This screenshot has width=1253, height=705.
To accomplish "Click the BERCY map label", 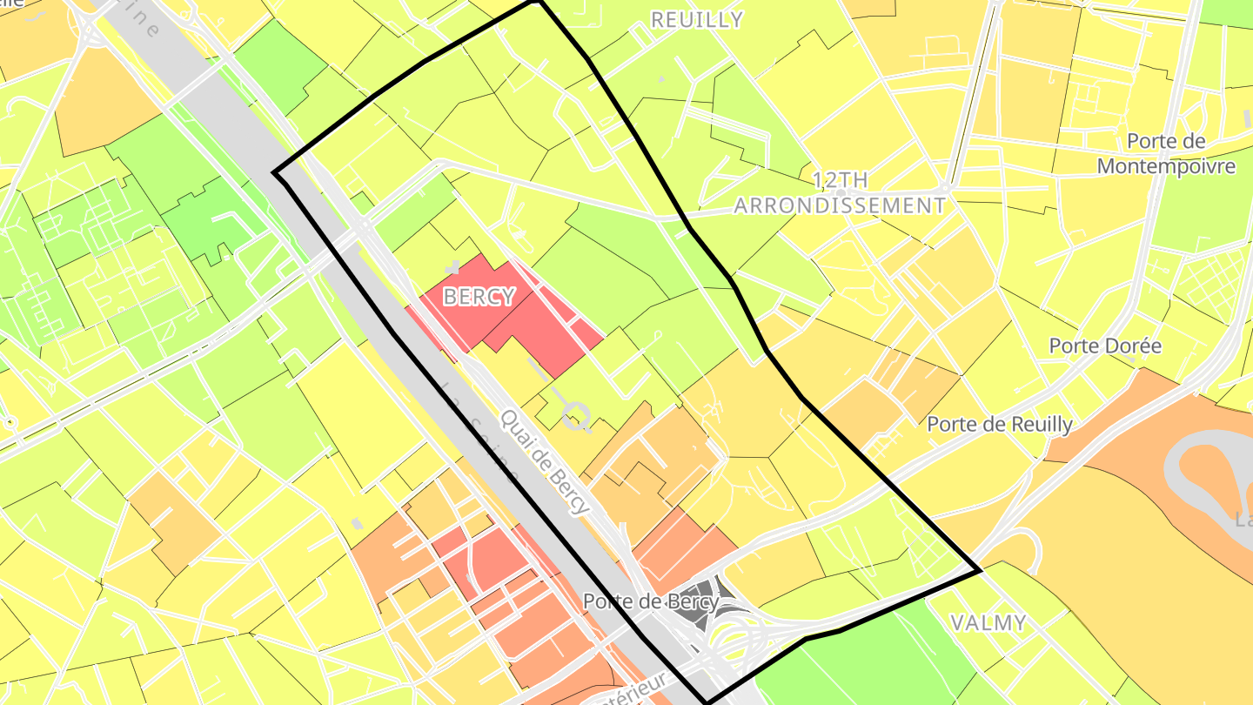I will pos(479,297).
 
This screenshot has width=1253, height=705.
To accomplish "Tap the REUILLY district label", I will pos(697,19).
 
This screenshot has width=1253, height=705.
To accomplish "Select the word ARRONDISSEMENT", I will pos(840,206).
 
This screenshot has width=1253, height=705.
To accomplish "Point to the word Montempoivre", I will pos(1166,166).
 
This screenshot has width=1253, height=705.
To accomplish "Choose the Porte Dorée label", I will pos(1105,346).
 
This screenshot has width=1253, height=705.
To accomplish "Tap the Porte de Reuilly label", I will pos(999,425).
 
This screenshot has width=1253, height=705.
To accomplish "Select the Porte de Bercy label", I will pos(651,601).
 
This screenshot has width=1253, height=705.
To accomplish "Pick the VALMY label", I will pos(988,623).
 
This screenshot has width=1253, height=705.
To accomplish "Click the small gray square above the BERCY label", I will pos(453,268).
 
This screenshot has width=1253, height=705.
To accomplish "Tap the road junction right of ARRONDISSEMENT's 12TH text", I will pos(943,188).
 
